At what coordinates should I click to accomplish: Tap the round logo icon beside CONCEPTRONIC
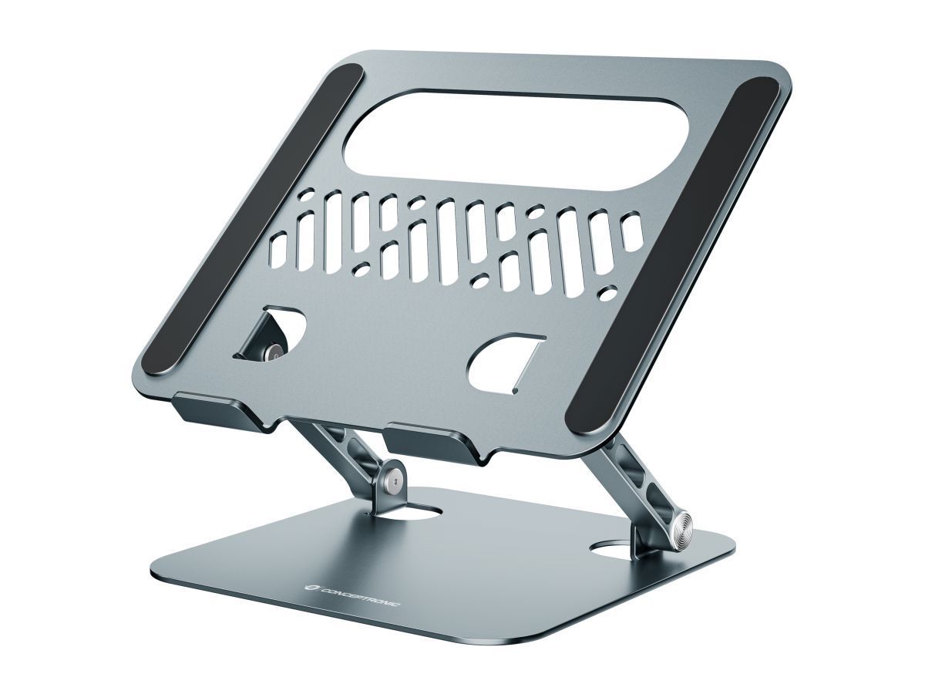310,588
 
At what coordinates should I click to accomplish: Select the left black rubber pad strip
252,220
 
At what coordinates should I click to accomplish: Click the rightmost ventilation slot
632,231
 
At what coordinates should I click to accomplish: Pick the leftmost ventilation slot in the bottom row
278,250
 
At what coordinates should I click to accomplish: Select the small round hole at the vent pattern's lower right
608,293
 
